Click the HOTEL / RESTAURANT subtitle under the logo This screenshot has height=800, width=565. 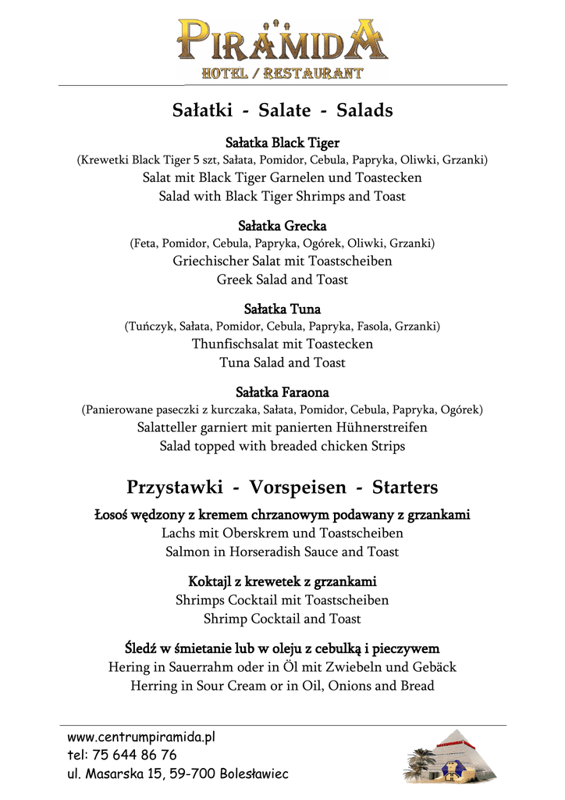[282, 74]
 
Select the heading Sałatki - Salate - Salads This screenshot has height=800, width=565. [282, 110]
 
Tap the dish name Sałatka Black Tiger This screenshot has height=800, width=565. [282, 143]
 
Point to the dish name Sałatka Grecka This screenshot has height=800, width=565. [282, 226]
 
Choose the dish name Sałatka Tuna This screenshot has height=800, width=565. [282, 309]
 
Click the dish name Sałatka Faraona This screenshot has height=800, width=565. [282, 391]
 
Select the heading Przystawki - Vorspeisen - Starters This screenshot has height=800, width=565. [282, 487]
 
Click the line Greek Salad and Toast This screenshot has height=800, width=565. [282, 279]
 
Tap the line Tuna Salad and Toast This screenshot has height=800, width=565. [282, 362]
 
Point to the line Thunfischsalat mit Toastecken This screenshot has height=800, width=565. [282, 344]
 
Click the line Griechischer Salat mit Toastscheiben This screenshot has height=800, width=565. [282, 260]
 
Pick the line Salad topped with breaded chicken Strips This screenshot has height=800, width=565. [282, 446]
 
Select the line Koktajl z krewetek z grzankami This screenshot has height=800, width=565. [282, 581]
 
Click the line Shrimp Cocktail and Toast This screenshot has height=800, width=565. [282, 619]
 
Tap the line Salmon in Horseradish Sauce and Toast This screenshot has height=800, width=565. [282, 552]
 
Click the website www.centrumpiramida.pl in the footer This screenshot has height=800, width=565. [141, 737]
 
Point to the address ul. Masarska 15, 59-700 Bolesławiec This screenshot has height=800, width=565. [178, 773]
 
